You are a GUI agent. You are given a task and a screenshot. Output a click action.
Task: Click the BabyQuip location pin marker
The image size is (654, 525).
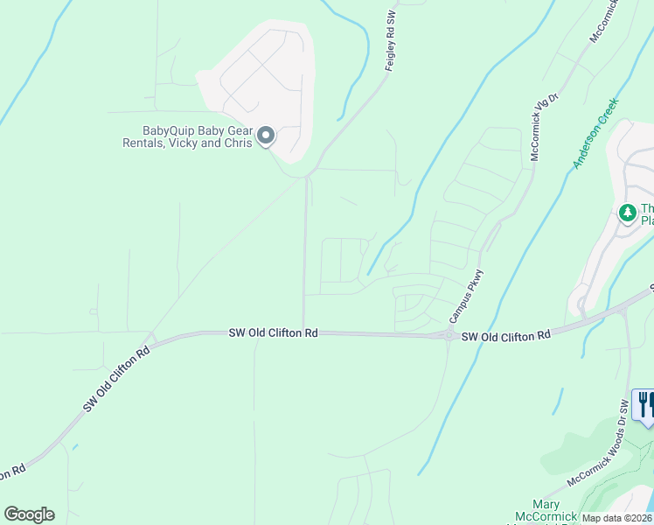(266, 136)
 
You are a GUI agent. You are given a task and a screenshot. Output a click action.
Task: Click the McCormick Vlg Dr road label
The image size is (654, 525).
(542, 127)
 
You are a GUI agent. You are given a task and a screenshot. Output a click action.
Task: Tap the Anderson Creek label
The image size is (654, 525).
(596, 133)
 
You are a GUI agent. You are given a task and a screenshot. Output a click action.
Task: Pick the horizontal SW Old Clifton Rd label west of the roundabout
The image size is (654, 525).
(274, 332)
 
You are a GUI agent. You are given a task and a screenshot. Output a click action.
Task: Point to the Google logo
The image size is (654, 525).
(29, 514)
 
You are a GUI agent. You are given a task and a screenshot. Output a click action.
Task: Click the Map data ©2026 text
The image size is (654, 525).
(616, 518)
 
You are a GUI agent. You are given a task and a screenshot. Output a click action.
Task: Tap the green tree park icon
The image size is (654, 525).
(627, 213)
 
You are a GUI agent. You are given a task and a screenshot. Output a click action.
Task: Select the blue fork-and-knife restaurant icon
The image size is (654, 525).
(644, 404)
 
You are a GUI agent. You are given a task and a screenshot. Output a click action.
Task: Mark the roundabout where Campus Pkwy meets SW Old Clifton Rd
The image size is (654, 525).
(449, 335)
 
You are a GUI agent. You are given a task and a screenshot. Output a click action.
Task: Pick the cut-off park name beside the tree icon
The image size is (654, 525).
(647, 214)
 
